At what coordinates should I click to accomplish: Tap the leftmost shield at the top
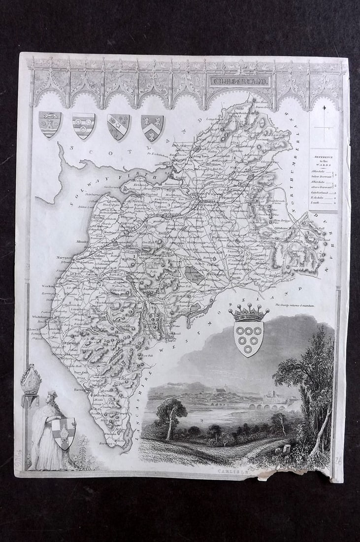[x=50, y=124]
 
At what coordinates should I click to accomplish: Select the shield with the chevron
[x=152, y=127]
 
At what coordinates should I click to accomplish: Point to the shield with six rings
[x=248, y=338]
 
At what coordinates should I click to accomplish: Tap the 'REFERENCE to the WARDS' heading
[x=324, y=160]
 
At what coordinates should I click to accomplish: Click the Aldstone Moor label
[x=284, y=230]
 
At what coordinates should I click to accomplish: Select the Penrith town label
[x=236, y=278]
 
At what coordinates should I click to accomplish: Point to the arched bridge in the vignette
[x=266, y=407]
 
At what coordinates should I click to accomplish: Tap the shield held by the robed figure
[x=65, y=433]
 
